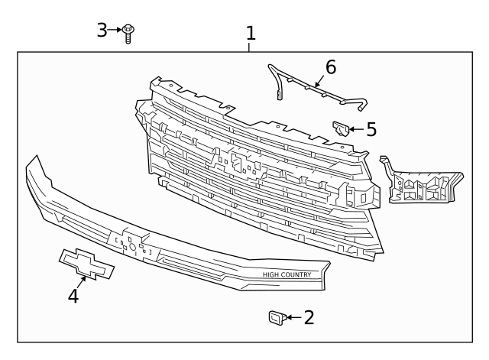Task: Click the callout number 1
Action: [250, 33]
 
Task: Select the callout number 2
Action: [309, 317]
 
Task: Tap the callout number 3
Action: [102, 30]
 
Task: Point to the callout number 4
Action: [73, 295]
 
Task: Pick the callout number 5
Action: [371, 129]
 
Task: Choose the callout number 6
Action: [330, 67]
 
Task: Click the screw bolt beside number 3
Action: [129, 32]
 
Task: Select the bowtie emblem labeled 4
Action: [86, 264]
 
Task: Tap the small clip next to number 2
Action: [276, 317]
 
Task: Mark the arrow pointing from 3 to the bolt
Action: [116, 30]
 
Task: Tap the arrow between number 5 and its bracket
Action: [356, 129]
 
